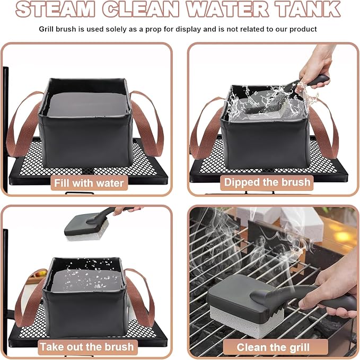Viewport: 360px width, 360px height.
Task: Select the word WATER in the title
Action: pyautogui.click(x=233, y=9)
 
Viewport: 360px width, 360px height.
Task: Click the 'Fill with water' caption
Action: pyautogui.click(x=88, y=183)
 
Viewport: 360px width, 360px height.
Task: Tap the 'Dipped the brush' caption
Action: pyautogui.click(x=267, y=182)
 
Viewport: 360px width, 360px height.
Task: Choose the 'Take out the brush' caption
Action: pyautogui.click(x=88, y=347)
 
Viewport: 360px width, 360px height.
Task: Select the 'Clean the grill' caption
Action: pyautogui.click(x=273, y=347)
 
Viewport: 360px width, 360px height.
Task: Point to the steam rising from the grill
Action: pyautogui.click(x=212, y=233)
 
